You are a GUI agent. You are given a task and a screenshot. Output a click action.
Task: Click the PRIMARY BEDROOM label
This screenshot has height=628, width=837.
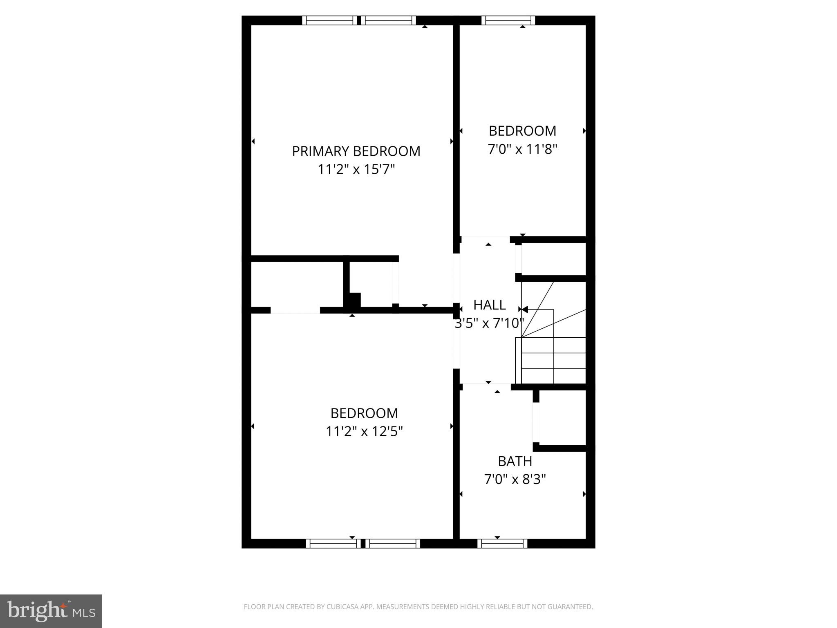point(356,151)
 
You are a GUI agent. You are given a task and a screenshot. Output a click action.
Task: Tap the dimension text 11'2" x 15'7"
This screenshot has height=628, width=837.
point(356,169)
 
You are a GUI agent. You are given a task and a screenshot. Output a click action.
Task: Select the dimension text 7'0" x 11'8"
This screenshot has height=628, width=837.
point(522,149)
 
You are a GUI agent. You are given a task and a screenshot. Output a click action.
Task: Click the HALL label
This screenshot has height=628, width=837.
point(489,305)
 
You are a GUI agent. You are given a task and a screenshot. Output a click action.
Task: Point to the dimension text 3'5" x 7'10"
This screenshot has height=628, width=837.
point(489,323)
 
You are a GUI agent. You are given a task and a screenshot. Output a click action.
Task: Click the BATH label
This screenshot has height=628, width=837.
point(515,461)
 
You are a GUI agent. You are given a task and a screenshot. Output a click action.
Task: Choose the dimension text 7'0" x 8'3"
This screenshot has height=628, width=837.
point(515,479)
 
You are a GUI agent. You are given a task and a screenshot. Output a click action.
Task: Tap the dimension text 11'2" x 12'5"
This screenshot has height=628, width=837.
point(364,431)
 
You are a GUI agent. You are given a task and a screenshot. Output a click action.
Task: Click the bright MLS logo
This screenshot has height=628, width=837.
point(51,611)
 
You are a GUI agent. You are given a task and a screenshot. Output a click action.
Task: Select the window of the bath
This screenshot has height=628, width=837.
point(502,543)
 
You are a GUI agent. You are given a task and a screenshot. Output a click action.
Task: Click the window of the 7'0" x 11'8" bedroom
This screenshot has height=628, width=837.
point(508,20)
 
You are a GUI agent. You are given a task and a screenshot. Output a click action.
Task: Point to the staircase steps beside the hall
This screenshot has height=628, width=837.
point(554,360)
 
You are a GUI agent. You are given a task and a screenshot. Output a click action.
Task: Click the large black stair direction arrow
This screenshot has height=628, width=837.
point(524,310)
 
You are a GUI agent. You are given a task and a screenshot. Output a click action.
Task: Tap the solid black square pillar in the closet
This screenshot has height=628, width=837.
point(354,300)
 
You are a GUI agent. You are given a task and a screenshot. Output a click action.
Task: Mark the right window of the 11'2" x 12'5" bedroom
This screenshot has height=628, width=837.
point(392,543)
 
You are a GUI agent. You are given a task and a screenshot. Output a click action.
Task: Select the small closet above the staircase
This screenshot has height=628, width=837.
point(554,259)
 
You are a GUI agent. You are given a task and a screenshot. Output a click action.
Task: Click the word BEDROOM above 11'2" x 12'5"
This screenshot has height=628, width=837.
point(364,413)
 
